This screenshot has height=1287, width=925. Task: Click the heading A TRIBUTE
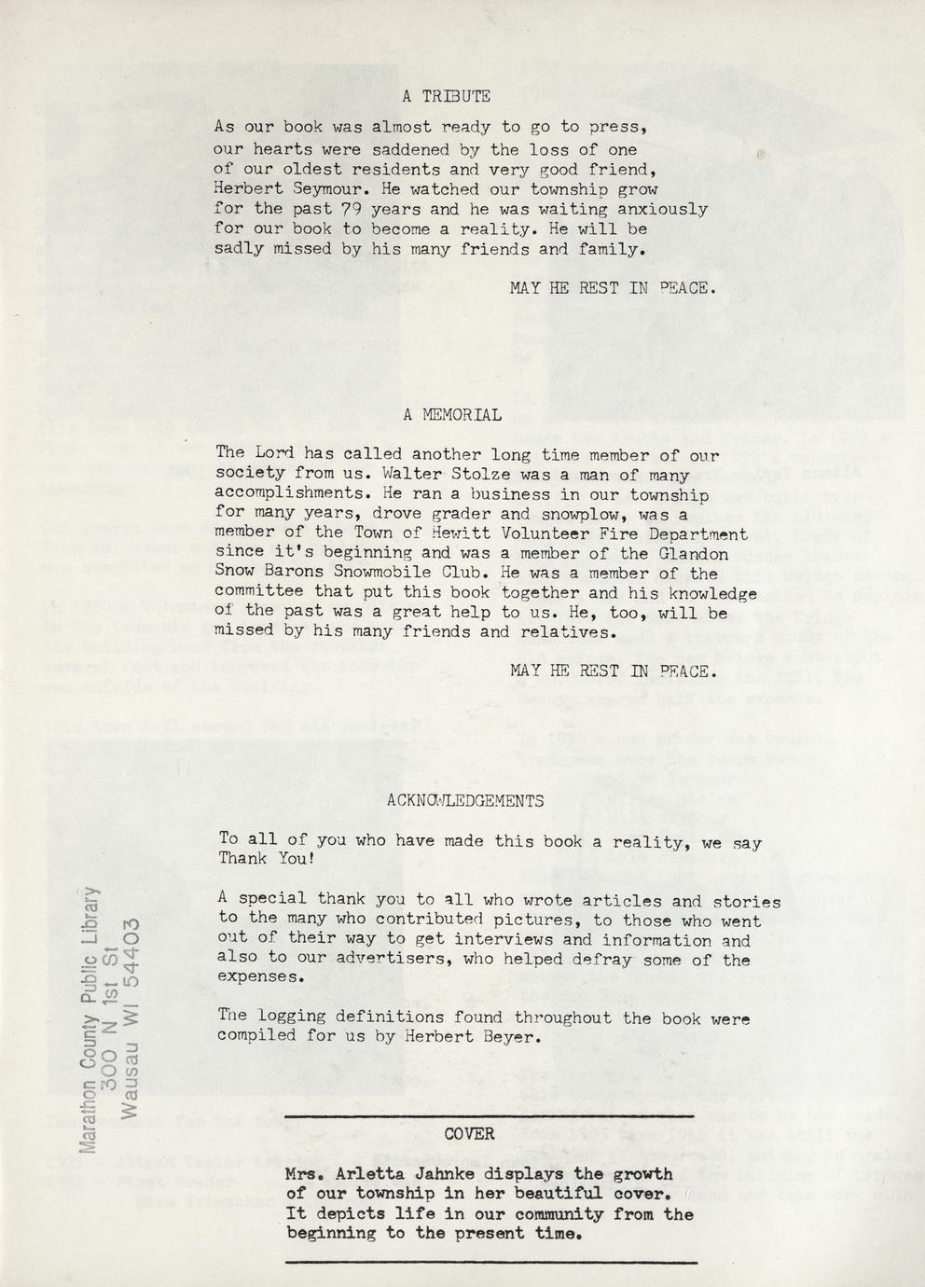point(446,96)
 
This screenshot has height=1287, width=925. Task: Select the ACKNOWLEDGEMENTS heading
point(464,800)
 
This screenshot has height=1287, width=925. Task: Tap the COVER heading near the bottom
point(469,1134)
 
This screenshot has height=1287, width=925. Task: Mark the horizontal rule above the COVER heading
point(490,1116)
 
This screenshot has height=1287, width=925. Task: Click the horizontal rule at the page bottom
point(490,1262)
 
